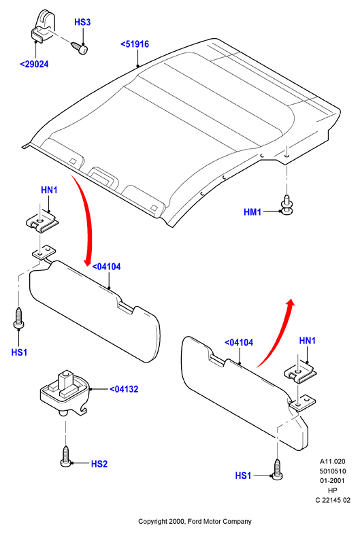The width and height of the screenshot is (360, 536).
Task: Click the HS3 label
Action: [x=82, y=22]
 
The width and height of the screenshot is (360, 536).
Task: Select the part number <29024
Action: [x=34, y=64]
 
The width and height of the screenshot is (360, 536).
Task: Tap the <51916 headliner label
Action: [x=135, y=44]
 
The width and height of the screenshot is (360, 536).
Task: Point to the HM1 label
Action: [x=252, y=212]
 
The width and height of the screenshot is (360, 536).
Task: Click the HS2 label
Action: [x=99, y=464]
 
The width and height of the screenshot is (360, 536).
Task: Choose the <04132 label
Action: [x=124, y=389]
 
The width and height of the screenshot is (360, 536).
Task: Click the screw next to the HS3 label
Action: [x=80, y=48]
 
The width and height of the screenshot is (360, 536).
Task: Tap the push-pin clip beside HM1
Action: [x=287, y=205]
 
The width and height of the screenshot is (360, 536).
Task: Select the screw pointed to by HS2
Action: [x=65, y=456]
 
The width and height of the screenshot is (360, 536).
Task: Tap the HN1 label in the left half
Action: [x=49, y=190]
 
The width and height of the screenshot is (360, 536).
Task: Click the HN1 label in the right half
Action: [x=308, y=341]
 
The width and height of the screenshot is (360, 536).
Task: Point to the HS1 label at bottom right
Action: [x=243, y=475]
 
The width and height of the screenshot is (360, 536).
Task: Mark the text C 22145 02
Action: [x=333, y=500]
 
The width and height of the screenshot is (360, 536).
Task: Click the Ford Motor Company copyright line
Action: [x=195, y=521]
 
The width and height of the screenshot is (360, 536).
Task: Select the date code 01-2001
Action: [x=333, y=481]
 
